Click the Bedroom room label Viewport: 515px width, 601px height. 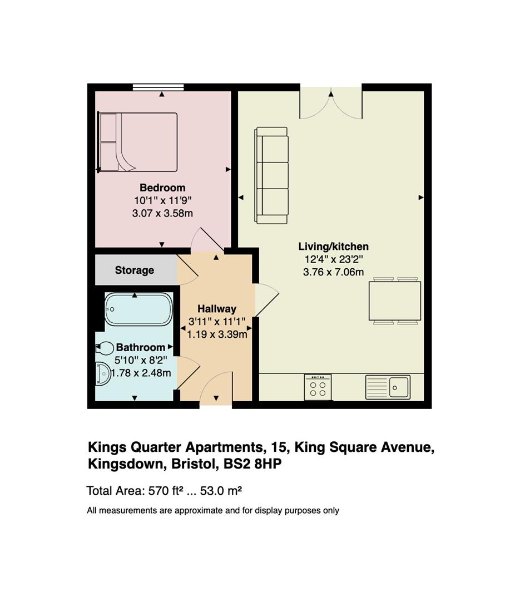(162, 188)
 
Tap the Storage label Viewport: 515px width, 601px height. (135, 270)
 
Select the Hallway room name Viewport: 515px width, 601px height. (217, 309)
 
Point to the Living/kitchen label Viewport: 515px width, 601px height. (333, 247)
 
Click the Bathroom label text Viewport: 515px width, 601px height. (141, 348)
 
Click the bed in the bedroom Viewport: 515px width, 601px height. (137, 142)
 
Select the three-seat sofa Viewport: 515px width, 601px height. (271, 175)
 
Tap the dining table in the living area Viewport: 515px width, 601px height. (395, 301)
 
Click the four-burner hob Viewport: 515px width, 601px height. (318, 387)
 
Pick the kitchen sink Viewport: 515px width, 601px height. (388, 387)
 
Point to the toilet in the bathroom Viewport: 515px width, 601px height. (105, 348)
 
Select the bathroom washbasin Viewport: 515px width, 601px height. (103, 374)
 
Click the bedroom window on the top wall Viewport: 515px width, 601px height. (159, 87)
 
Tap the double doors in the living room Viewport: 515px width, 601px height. (331, 103)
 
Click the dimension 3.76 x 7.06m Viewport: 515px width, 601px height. (333, 272)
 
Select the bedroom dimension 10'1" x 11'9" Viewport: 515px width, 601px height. (162, 200)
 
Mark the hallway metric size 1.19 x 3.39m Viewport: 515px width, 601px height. (217, 334)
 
